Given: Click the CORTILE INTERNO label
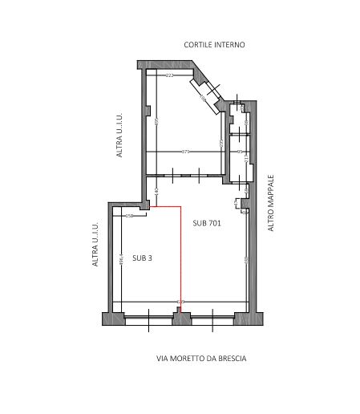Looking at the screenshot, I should [x=213, y=45].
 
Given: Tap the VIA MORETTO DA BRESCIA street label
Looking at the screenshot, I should [x=201, y=359].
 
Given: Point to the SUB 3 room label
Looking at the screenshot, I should [x=143, y=258].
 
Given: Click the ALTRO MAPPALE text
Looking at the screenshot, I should [x=271, y=204].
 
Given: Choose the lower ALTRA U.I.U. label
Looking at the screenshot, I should [x=95, y=245].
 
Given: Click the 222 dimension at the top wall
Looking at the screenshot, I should [x=170, y=75].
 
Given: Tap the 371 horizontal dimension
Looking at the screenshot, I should [x=185, y=150].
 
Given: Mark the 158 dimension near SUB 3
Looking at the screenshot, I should [x=129, y=215].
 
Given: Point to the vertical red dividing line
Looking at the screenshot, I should [x=180, y=257].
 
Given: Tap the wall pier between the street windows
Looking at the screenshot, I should [x=182, y=319].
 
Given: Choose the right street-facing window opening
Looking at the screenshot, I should [x=212, y=319].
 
